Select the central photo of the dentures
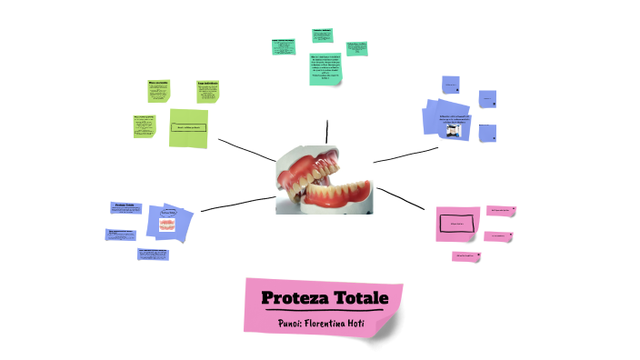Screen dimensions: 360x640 pyautogui.click(x=324, y=179)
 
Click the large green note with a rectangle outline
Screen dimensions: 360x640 pyautogui.click(x=189, y=126)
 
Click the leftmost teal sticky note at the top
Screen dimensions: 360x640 pyautogui.click(x=285, y=46)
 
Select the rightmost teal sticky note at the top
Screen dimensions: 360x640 pyautogui.click(x=356, y=47)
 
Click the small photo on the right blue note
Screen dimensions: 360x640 pyautogui.click(x=452, y=130)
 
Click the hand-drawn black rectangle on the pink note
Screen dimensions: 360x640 pyautogui.click(x=457, y=223)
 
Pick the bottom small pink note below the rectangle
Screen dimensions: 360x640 pyautogui.click(x=466, y=256)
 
